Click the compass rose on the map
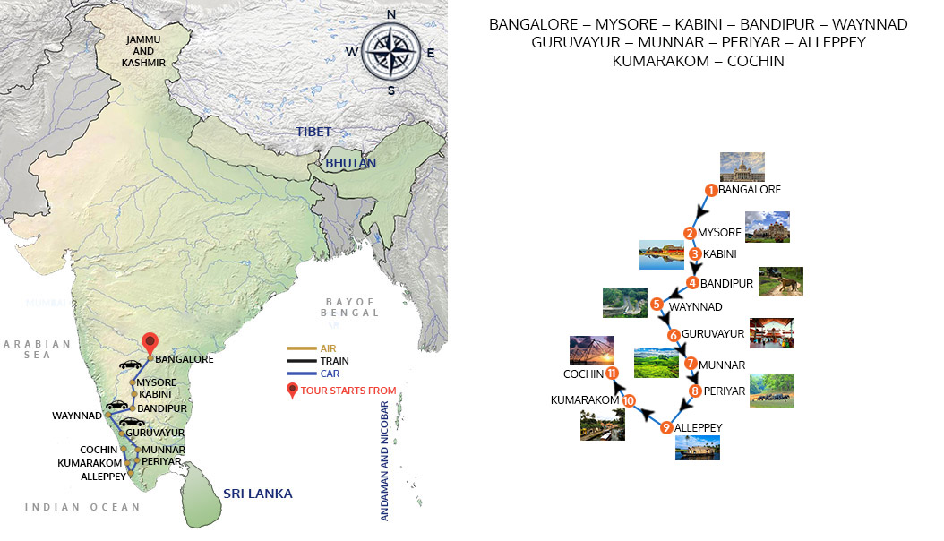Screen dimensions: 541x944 (390, 52)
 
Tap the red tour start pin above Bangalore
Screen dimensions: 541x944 (150, 343)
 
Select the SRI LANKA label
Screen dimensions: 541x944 (258, 494)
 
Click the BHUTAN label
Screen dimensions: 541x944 (350, 163)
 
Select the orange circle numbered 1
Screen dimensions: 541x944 (710, 190)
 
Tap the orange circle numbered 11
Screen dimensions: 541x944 (612, 374)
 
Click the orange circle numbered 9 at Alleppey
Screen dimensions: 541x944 (666, 428)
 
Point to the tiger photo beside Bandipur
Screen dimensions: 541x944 (780, 281)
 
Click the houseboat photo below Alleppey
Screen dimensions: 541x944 (698, 447)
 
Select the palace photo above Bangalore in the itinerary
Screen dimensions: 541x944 (742, 167)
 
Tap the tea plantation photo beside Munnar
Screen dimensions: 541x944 (656, 363)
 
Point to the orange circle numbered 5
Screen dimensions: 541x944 (657, 305)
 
